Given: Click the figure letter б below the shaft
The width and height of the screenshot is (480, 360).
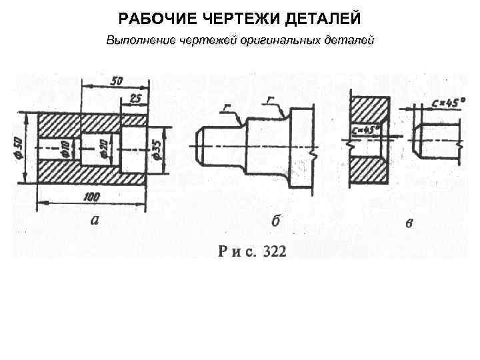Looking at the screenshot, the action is [x=275, y=221].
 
